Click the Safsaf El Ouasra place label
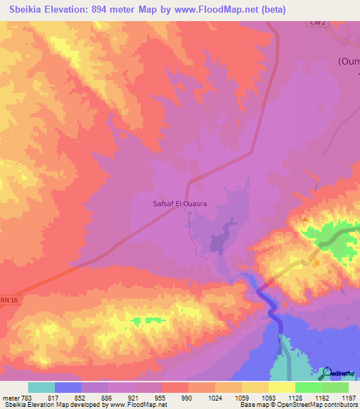(x=184, y=204)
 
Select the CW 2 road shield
(x=319, y=22)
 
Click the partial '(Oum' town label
(x=348, y=61)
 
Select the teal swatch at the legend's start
(x=41, y=387)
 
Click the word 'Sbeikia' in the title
(x=30, y=8)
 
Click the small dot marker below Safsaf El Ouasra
(x=189, y=214)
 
